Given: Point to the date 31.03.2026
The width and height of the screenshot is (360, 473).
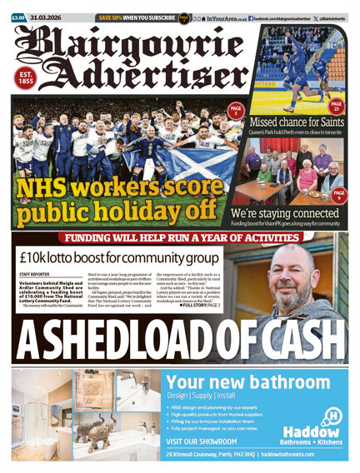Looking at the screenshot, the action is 47,17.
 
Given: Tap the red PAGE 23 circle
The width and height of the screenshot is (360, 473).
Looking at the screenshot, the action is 337,107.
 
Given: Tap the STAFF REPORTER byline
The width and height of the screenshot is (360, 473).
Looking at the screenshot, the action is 34,273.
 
